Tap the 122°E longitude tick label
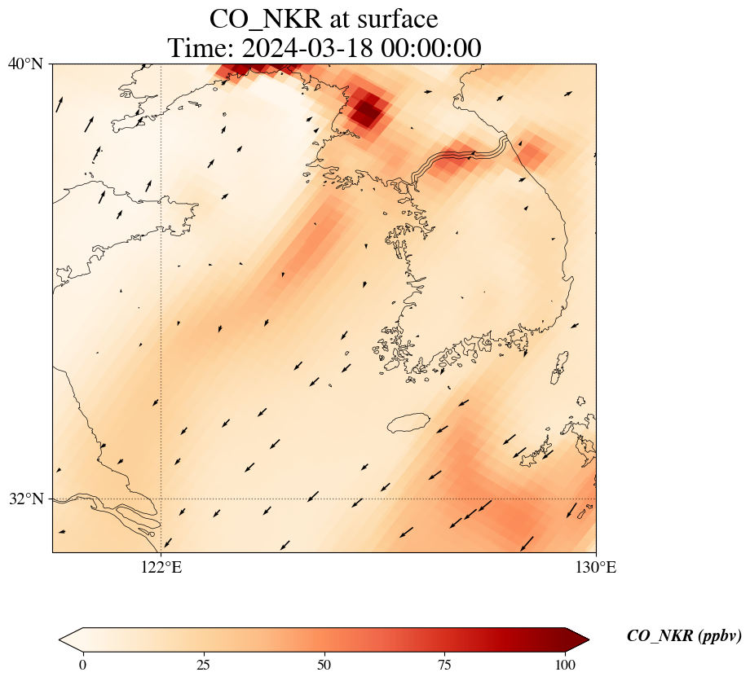pos(161,567)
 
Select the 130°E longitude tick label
pos(596,567)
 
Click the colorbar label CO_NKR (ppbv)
pos(683,636)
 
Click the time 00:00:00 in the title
pos(426,47)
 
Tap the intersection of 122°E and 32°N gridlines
pos(161,499)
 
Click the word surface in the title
pos(394,19)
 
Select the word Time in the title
pos(200,47)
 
